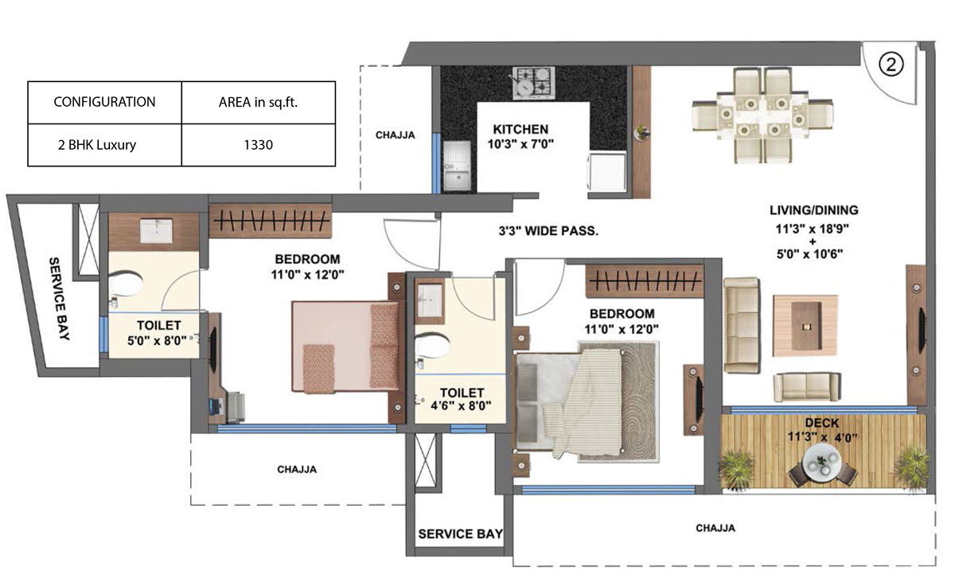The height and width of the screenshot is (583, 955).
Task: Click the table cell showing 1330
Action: point(259,145)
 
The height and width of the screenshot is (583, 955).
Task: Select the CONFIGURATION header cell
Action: point(104,103)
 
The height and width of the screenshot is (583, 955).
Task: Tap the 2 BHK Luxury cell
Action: point(104,145)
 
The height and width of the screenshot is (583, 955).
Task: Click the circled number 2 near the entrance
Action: point(891,65)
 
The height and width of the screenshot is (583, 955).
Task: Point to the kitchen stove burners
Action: point(534,83)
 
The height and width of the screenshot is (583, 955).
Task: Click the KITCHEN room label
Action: point(520,129)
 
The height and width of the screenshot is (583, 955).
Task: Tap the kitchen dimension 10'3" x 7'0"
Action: point(520,144)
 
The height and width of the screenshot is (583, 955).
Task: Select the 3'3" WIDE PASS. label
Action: point(548,231)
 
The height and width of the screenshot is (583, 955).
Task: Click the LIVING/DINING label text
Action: point(814,210)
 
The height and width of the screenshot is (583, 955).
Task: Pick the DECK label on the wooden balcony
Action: point(821,423)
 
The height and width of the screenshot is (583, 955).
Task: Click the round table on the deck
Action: point(822,463)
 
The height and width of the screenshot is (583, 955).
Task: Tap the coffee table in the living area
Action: point(805,326)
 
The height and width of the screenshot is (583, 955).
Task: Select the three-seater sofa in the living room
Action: point(742,325)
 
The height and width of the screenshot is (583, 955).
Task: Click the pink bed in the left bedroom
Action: point(346,346)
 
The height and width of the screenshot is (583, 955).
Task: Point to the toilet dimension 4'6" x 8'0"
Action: point(461,405)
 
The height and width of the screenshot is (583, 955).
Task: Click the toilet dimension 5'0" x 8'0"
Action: point(158,341)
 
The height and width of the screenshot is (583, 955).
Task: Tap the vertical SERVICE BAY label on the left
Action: point(59,299)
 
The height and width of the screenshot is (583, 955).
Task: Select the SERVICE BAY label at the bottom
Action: point(461,534)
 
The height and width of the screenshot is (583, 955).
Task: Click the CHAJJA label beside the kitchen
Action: point(396,135)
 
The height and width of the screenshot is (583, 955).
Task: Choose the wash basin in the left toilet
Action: point(156,230)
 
